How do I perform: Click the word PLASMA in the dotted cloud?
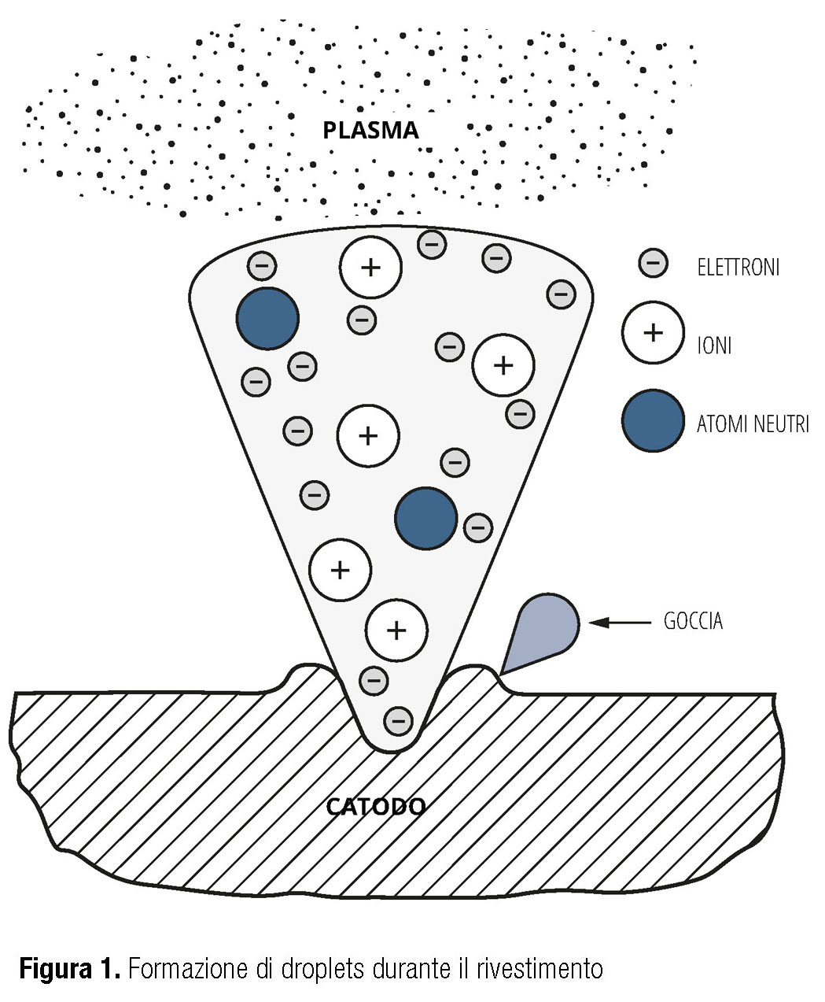(x=370, y=130)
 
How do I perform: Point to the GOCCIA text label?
(x=693, y=622)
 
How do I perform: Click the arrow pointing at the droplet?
(x=621, y=623)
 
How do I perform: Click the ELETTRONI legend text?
(x=738, y=268)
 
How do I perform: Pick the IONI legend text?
(x=714, y=345)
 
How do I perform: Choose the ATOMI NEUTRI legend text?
(x=753, y=424)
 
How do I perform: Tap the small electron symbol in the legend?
(x=653, y=263)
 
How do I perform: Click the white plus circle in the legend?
(x=653, y=332)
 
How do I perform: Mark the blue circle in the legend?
(x=653, y=420)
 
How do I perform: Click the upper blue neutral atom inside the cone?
(x=267, y=318)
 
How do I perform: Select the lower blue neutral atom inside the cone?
(x=425, y=518)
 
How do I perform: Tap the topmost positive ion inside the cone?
(x=370, y=267)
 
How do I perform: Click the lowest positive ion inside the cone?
(x=397, y=630)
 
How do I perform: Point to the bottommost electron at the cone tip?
(x=399, y=719)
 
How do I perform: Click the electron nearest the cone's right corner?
(x=561, y=294)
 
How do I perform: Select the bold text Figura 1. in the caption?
(x=70, y=967)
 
